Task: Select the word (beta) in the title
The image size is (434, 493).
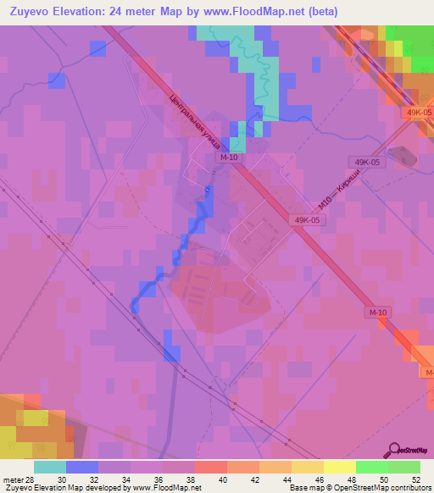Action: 319,12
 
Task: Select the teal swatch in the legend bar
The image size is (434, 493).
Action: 50,467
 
